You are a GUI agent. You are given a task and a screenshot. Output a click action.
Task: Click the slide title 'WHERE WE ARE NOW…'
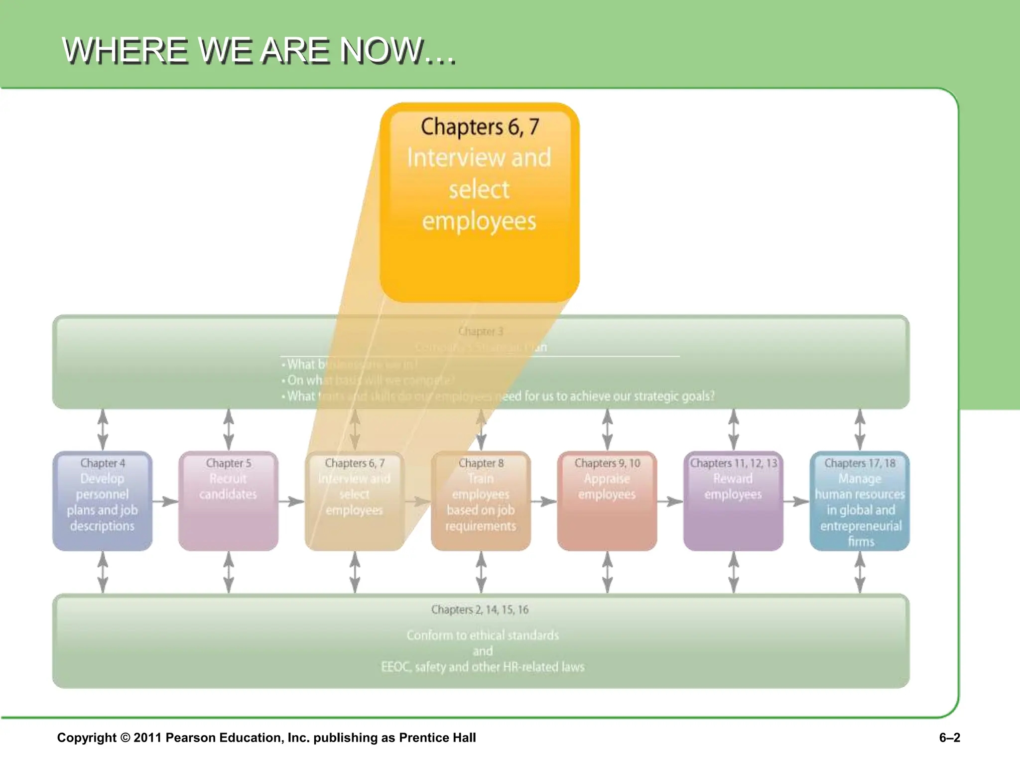(x=258, y=50)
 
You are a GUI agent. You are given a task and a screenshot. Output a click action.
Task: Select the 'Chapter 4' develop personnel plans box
(x=102, y=501)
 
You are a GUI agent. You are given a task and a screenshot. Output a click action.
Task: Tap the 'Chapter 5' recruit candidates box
(x=228, y=501)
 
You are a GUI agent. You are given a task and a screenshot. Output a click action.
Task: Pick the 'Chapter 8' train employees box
(x=481, y=501)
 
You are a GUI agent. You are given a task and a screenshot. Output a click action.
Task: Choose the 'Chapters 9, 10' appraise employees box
(x=607, y=501)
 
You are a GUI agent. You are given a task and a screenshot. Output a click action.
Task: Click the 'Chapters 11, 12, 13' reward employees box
(x=733, y=501)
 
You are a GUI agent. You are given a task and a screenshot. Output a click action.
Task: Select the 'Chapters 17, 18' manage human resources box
(x=860, y=501)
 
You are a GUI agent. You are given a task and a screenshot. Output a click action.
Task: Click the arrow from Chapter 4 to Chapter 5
(x=165, y=501)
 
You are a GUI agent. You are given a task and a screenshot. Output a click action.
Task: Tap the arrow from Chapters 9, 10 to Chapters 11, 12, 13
(x=670, y=501)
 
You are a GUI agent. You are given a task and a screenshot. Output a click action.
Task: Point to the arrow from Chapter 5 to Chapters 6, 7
(x=291, y=501)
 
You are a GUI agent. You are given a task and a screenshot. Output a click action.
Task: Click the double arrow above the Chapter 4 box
(x=103, y=429)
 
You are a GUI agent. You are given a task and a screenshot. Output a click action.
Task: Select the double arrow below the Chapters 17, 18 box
(x=860, y=572)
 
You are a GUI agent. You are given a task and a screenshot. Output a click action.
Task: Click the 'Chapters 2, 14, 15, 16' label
(x=480, y=610)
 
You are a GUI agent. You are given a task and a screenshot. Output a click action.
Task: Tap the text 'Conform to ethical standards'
(x=482, y=636)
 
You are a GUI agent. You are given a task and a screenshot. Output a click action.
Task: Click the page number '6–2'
(x=949, y=738)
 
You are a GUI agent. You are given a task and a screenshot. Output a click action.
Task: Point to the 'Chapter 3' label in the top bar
(x=481, y=331)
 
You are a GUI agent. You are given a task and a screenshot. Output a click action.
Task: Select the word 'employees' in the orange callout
(x=479, y=221)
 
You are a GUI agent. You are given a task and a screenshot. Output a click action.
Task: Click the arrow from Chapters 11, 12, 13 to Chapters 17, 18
(x=796, y=501)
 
